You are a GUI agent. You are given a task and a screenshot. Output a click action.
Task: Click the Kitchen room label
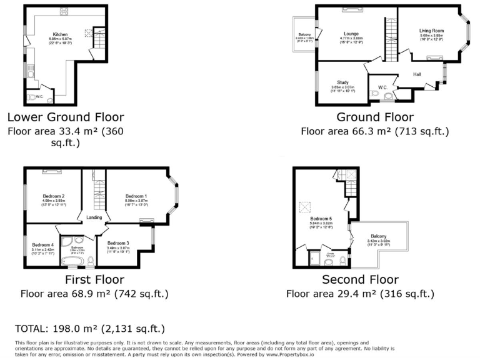tap(60, 34)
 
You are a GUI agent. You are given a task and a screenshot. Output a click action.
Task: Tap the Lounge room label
tap(350, 34)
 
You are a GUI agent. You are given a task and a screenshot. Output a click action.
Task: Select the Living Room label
tap(431, 31)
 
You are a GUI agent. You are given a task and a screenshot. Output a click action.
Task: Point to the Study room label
tap(342, 82)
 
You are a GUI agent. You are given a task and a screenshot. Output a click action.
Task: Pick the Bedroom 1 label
tap(136, 195)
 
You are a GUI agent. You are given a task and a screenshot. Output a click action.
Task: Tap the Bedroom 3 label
tap(118, 243)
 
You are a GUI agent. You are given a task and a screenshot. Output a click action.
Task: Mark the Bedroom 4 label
tap(42, 244)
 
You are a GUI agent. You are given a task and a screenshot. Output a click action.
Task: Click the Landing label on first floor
tap(94, 217)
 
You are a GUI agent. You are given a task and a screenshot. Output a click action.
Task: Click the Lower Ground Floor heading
tap(66, 117)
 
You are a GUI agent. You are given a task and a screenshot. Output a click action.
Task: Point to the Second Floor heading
tap(360, 279)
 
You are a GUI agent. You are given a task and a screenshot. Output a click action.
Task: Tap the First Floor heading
tap(94, 279)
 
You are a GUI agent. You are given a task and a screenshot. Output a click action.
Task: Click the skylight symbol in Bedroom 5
tap(305, 206)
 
